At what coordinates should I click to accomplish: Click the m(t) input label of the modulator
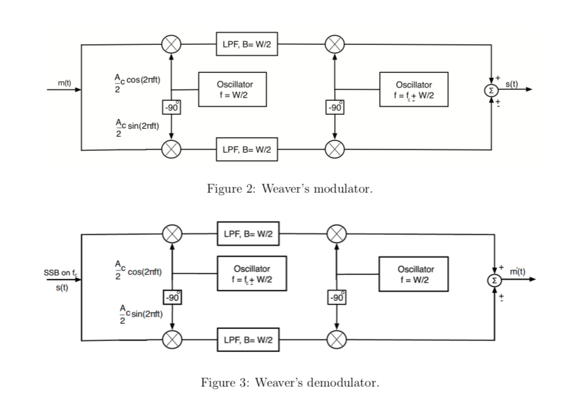click(64, 82)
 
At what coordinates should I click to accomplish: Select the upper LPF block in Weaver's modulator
click(247, 44)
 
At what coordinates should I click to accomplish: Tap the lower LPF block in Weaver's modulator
click(247, 149)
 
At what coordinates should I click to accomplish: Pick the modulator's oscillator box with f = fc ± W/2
click(414, 90)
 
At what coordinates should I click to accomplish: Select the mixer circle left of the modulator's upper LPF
click(172, 44)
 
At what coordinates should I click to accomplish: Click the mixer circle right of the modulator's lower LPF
click(335, 149)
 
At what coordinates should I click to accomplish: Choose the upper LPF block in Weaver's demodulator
click(248, 233)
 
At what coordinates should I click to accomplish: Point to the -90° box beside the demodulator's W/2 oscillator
click(335, 298)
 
